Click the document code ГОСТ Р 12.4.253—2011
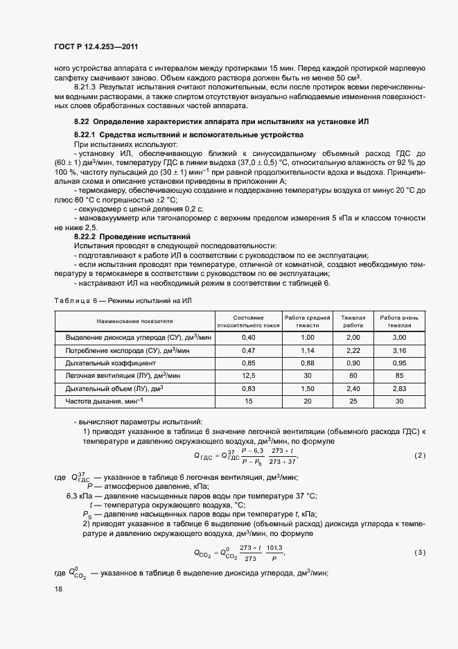(x=99, y=46)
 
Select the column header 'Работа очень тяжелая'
(x=399, y=320)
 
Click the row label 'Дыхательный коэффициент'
(x=111, y=363)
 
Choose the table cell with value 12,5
(x=248, y=375)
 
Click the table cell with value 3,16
(x=399, y=350)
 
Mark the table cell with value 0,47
(x=248, y=350)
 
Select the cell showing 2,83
(x=399, y=388)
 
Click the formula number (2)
(x=419, y=455)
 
